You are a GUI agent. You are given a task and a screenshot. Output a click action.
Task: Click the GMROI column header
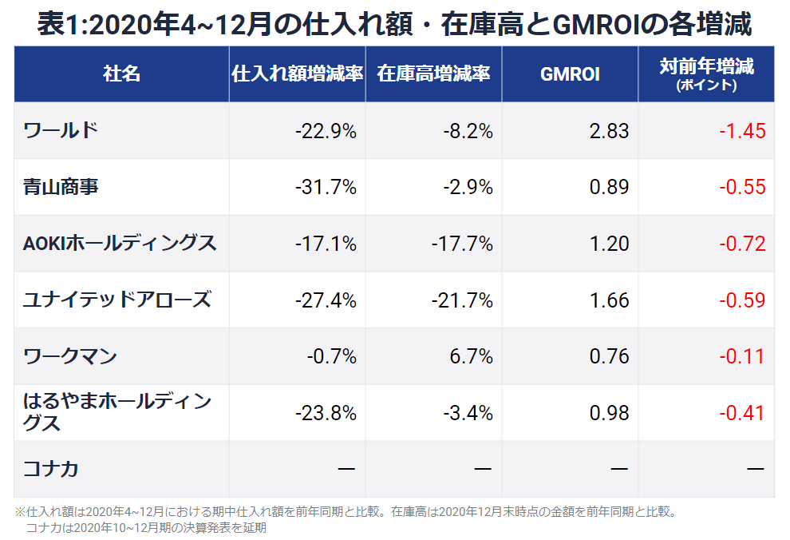tap(570, 73)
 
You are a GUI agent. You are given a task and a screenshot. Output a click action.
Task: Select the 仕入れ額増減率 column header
tap(297, 73)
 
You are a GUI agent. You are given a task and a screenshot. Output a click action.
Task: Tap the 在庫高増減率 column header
tap(433, 73)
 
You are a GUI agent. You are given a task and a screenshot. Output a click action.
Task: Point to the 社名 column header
tap(121, 73)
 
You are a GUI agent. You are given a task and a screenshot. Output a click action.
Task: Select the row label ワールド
tap(61, 130)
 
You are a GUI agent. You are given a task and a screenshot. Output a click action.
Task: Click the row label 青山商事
tap(61, 187)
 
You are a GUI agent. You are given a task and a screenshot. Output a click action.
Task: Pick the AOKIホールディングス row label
tap(120, 244)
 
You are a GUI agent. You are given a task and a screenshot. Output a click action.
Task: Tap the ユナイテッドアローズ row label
tap(117, 300)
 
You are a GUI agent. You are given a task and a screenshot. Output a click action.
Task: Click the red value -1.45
tap(741, 131)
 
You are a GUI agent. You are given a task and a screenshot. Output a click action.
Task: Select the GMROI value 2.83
tap(609, 131)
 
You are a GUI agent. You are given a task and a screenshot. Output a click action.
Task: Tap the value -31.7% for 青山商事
tap(325, 188)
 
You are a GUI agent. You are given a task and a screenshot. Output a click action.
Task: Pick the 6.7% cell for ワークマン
tap(471, 356)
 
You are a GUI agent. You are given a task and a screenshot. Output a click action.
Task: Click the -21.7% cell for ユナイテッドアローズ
tap(461, 300)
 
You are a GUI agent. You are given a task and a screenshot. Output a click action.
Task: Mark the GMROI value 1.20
tap(609, 244)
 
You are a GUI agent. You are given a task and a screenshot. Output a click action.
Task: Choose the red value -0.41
tap(741, 413)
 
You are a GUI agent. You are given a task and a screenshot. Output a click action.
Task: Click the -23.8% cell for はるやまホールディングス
tap(325, 413)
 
